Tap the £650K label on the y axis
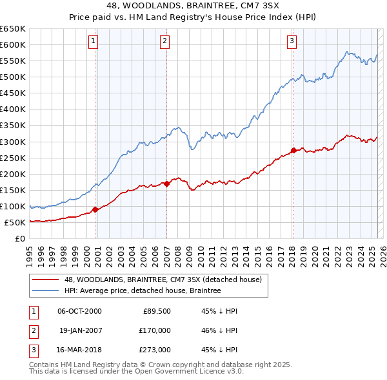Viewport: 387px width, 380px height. pos(13,29)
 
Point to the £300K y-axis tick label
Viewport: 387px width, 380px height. pos(13,142)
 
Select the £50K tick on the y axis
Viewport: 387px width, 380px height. pos(15,223)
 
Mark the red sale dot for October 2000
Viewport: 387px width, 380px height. pos(95,209)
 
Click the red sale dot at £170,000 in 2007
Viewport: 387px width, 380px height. pos(166,184)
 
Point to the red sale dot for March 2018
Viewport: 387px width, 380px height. pos(293,150)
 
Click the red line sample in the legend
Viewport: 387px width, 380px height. pos(46,280)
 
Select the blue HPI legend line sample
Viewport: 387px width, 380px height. pos(46,291)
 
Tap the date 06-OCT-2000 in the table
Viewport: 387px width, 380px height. pos(80,311)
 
